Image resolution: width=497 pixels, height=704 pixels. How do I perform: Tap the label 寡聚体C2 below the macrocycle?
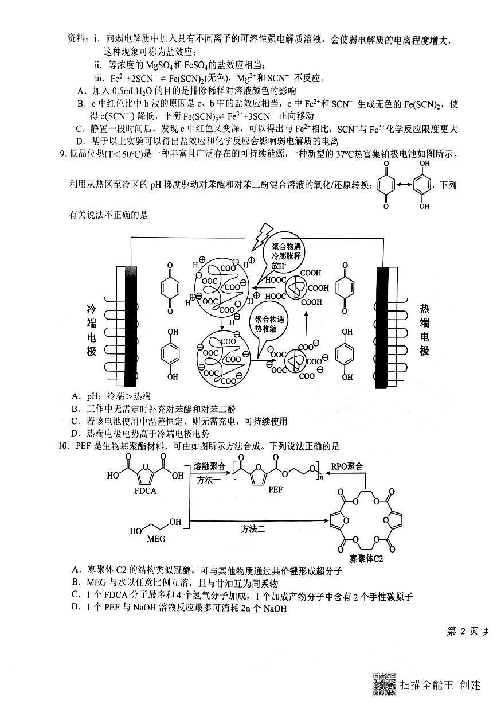click(366, 558)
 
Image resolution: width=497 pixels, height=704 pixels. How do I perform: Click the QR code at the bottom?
click(385, 683)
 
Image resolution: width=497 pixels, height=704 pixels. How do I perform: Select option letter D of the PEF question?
click(76, 608)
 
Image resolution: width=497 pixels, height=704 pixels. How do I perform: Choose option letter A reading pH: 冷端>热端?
click(76, 396)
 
